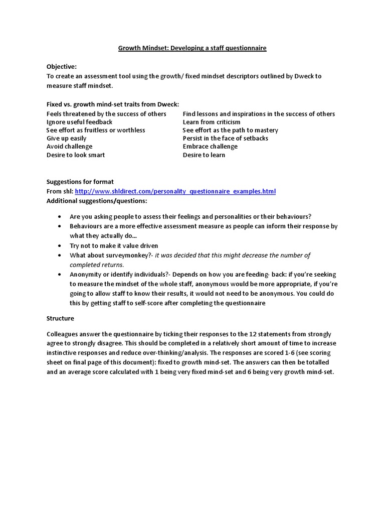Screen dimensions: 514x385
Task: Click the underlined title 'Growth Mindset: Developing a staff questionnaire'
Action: coord(192,48)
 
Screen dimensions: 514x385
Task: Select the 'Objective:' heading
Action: coord(62,67)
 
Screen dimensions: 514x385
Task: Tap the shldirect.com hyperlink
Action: coord(175,192)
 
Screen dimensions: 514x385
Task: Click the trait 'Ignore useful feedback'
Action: coord(79,122)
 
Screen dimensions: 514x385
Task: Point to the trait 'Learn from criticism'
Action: coord(211,122)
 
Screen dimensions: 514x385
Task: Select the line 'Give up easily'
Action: coord(66,139)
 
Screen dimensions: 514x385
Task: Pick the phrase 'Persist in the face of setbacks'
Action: coord(225,139)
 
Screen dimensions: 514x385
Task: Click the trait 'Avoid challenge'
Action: coord(69,147)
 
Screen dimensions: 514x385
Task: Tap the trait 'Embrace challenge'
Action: coord(210,147)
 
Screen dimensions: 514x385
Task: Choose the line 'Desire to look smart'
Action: coord(76,155)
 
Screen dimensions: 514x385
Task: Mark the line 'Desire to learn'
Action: coord(204,155)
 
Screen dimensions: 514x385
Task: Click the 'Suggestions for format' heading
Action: coord(80,182)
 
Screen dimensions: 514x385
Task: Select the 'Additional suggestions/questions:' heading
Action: coord(97,201)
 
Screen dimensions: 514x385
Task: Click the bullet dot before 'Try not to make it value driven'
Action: coord(59,246)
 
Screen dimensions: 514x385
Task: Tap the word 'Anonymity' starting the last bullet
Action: coord(86,275)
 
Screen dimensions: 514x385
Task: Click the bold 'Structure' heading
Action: coord(60,319)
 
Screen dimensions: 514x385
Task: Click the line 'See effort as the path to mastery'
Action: coord(230,131)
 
